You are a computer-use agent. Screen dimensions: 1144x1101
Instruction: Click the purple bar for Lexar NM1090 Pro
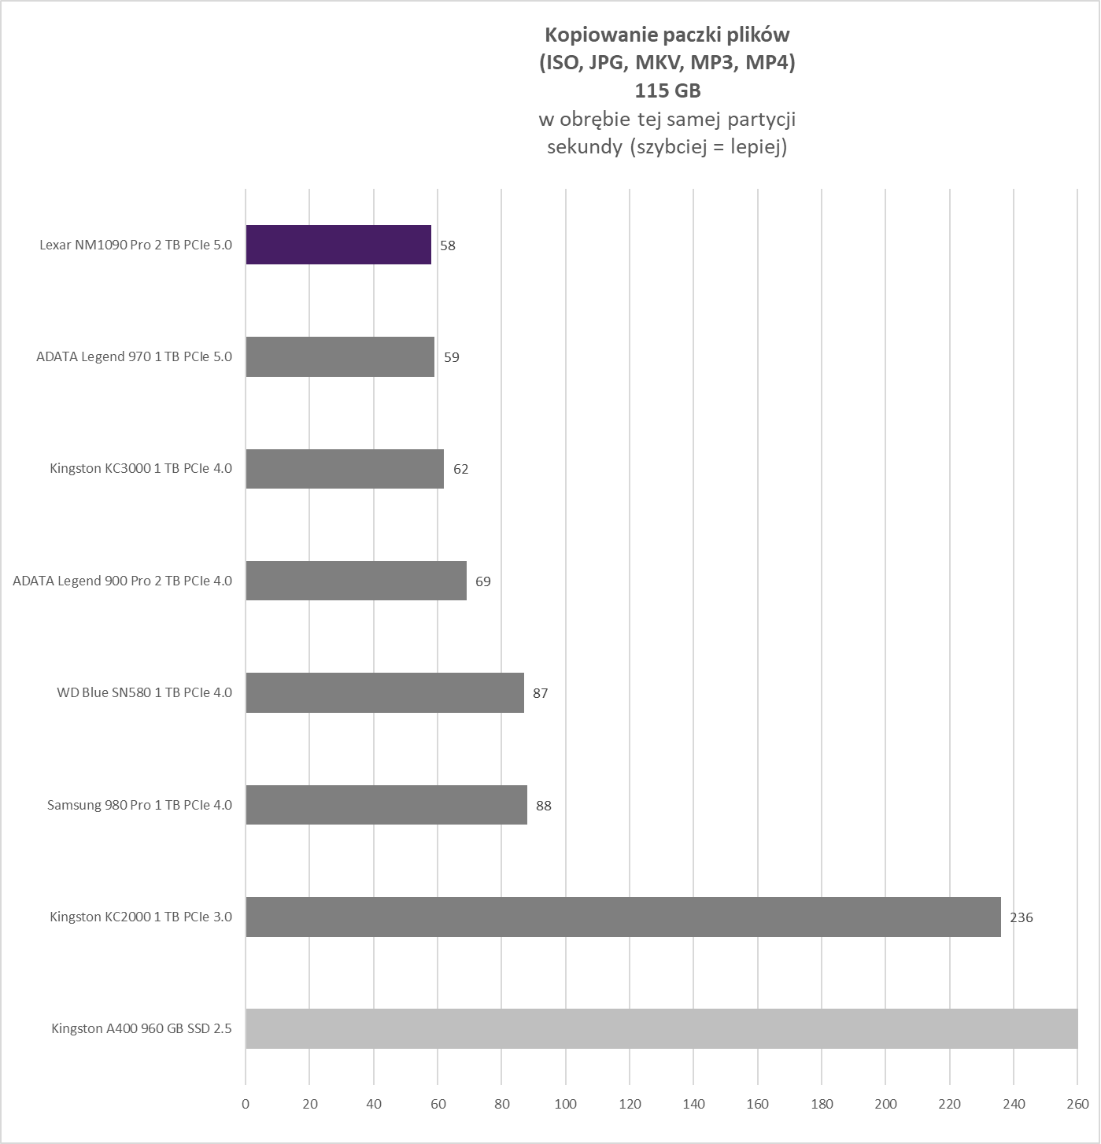tap(338, 245)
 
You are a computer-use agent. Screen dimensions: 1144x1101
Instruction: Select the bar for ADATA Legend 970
tap(340, 356)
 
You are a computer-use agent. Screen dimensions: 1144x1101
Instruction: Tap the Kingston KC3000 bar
tap(345, 469)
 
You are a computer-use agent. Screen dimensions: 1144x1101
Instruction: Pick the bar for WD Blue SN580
tap(385, 692)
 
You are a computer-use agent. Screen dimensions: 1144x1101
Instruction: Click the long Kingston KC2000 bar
tap(623, 917)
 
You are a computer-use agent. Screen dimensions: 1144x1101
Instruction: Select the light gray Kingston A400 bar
tap(661, 1028)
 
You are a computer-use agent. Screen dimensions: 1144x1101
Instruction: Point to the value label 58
tap(448, 245)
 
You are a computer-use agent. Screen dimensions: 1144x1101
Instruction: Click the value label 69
tap(482, 581)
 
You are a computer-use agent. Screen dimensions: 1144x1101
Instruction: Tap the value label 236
tap(1021, 917)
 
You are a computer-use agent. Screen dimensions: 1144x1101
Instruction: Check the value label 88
tap(543, 806)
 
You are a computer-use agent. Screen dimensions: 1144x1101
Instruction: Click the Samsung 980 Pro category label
tap(139, 805)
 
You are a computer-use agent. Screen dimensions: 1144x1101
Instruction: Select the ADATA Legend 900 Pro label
tap(122, 581)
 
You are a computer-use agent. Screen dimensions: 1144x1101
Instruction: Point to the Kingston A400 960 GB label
tap(142, 1028)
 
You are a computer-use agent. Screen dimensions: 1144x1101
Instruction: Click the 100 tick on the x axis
tap(565, 1104)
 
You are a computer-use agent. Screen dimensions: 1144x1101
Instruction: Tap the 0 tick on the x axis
tap(246, 1104)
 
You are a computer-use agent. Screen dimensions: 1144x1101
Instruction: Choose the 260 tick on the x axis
tap(1077, 1104)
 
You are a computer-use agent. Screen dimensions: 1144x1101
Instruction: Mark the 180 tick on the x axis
tap(822, 1104)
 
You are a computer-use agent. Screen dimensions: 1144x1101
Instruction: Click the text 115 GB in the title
tap(667, 91)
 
